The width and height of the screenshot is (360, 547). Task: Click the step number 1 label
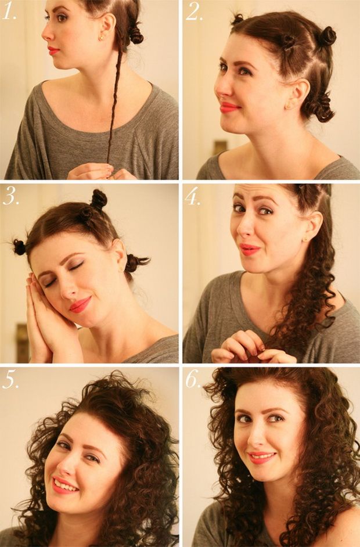pyautogui.click(x=9, y=12)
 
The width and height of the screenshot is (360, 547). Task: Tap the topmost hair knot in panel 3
pyautogui.click(x=98, y=199)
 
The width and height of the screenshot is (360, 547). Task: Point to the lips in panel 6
pyautogui.click(x=262, y=456)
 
